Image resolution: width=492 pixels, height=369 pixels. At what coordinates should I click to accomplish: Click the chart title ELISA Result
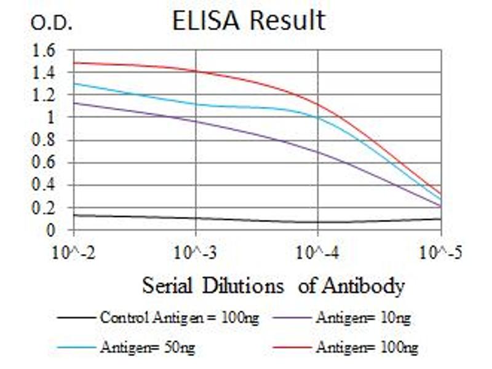click(248, 20)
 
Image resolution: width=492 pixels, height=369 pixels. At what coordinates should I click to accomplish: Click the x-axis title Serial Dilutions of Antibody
click(274, 286)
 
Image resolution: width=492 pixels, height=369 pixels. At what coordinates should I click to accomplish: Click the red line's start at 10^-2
click(74, 63)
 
